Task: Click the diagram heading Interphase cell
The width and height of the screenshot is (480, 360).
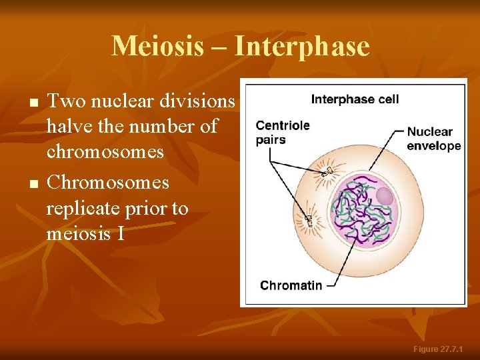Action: pos(355,99)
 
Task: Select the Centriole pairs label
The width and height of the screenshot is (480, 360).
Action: pos(282,132)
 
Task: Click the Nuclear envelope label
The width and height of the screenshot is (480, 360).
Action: pos(433,139)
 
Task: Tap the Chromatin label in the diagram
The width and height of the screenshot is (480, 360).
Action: pos(291,285)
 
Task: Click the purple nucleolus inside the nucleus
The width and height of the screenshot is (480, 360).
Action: pos(385,196)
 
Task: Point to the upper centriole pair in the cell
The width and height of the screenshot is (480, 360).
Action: pos(327,171)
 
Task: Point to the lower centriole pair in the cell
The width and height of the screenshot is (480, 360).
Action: pos(309,219)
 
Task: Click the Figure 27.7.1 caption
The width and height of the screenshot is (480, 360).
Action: pos(443,349)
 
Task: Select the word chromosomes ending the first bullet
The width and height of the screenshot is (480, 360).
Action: pos(105,152)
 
